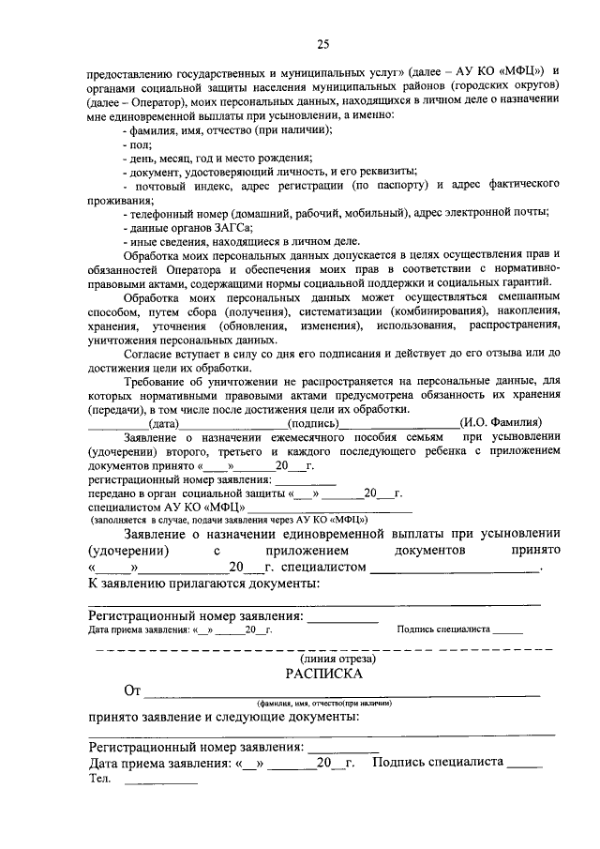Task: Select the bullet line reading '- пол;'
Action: point(136,145)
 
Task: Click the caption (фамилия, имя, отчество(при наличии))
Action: point(323,703)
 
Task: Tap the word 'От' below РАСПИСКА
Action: point(132,691)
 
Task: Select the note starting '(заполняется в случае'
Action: point(228,519)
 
